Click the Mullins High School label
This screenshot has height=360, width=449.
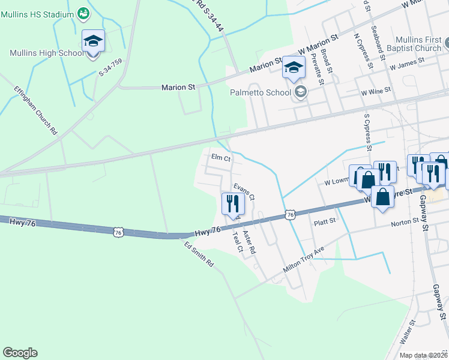coord(47,53)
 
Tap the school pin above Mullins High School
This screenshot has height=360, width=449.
coord(93,41)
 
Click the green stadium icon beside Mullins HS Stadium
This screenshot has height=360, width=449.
coord(84,12)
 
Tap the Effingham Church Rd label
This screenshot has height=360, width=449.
coord(36,110)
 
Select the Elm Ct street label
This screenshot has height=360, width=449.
coord(221,158)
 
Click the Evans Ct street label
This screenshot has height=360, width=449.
coord(244,192)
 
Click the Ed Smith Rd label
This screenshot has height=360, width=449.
coord(199,254)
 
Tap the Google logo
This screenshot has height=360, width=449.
coord(20,353)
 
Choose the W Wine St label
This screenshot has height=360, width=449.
coord(376,92)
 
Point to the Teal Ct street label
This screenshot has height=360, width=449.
coord(236,243)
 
